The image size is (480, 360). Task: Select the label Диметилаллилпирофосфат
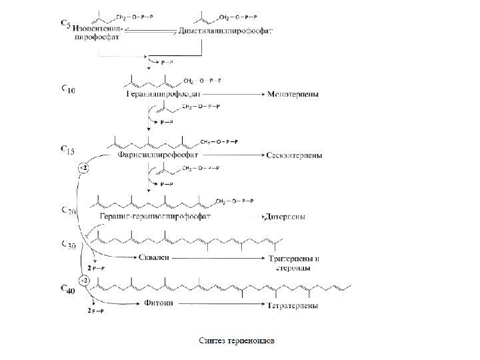pos(217,30)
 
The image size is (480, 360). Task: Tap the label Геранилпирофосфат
pos(163,95)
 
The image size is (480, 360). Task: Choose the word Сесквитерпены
pos(295,156)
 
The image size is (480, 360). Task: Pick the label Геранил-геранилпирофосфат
pos(155,217)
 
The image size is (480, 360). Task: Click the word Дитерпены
pos(286,217)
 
